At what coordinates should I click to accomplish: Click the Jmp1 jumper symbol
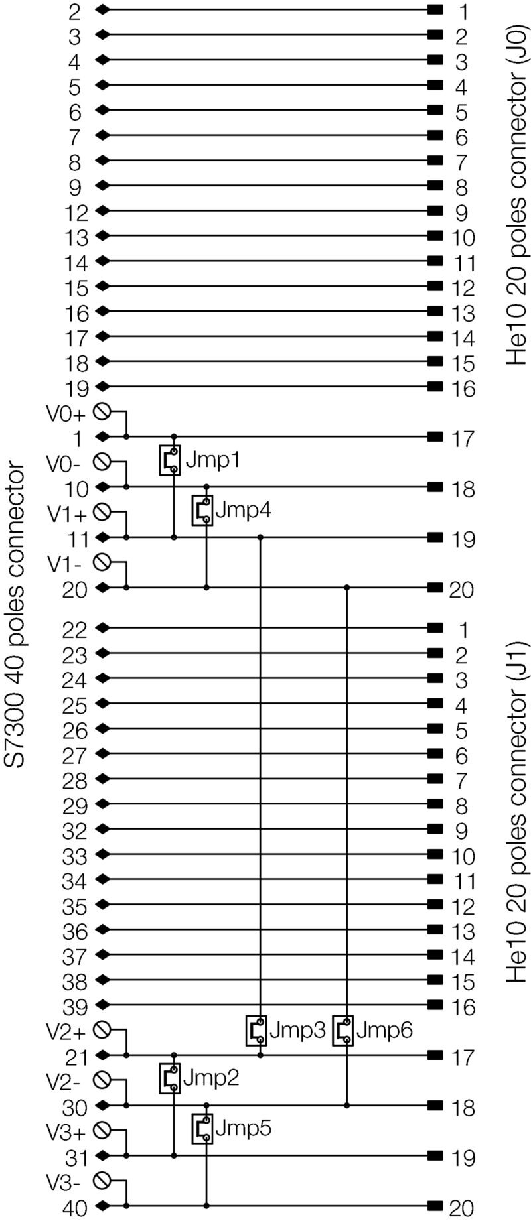169,460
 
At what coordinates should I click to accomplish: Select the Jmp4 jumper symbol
202,510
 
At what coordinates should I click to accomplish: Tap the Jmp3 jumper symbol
256,1030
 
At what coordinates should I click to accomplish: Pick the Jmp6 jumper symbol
342,1030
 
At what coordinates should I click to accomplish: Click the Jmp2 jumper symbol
169,1078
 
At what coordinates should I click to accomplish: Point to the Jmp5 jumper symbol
202,1128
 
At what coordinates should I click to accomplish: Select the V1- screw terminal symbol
102,562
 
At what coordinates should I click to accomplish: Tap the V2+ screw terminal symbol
102,1030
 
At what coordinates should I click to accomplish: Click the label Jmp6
384,1030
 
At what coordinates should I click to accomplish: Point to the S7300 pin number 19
77,388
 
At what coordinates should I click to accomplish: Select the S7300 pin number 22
75,630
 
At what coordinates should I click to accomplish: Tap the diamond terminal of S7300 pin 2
102,10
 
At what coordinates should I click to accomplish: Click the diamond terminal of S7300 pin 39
102,1004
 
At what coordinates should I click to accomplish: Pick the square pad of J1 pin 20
435,1205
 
